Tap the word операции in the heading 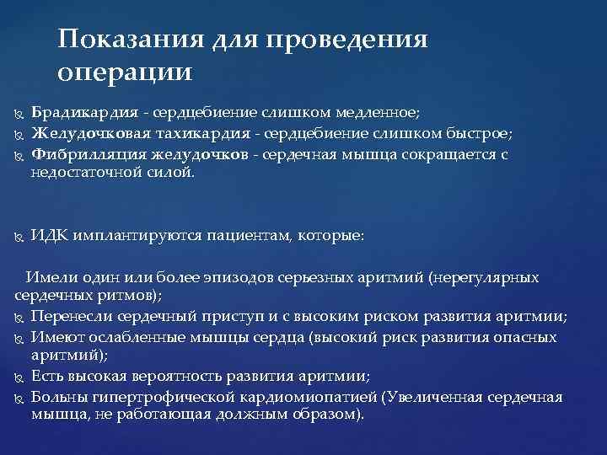point(126,72)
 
